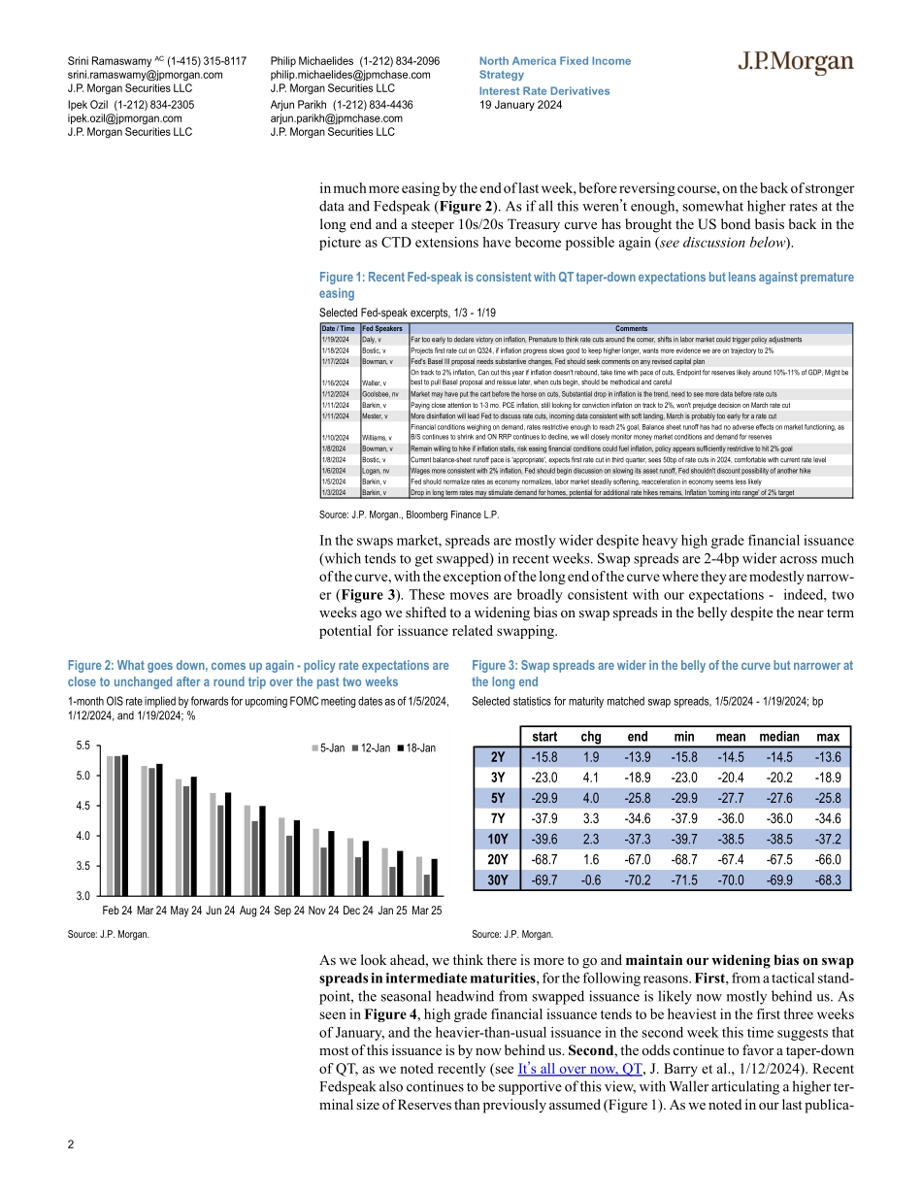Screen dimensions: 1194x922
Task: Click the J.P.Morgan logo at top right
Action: pos(795,64)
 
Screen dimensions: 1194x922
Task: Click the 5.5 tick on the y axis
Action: pos(82,746)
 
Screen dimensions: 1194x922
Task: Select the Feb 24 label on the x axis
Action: pos(117,912)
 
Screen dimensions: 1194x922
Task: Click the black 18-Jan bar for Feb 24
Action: pos(125,824)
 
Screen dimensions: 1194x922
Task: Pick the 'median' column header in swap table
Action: pos(778,736)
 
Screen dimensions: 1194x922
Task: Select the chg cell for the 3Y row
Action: pos(590,777)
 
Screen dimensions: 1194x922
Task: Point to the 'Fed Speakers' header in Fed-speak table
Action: pos(379,328)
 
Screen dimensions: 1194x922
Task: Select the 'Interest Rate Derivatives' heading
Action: pos(544,90)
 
